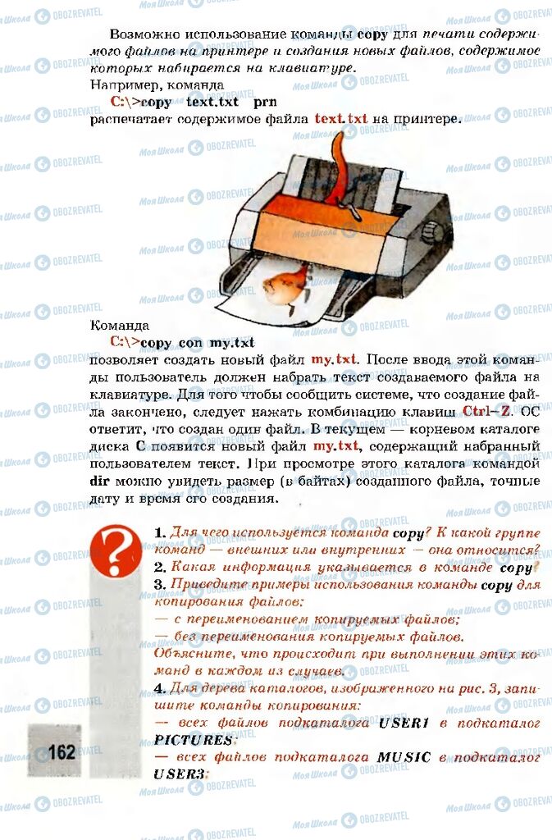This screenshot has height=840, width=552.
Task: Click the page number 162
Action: coord(62,751)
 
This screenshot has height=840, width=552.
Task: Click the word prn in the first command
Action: coord(265,102)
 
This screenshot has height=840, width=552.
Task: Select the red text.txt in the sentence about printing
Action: coord(341,119)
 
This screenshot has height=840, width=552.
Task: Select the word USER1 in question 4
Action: coord(404,723)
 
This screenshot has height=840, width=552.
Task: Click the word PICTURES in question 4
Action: coord(193,740)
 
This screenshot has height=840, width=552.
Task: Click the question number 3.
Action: coord(159,585)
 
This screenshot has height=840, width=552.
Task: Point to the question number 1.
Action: coord(159,533)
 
